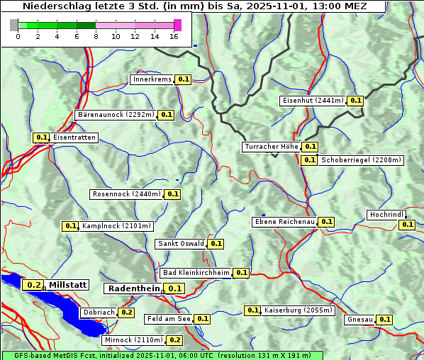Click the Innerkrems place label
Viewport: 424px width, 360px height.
(x=152, y=80)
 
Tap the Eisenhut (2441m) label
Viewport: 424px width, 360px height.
(x=313, y=101)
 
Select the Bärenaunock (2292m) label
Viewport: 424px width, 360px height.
(x=115, y=114)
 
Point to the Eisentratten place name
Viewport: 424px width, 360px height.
(x=74, y=137)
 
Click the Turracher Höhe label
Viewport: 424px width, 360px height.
(x=271, y=147)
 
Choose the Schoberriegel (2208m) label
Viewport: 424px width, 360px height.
(x=361, y=160)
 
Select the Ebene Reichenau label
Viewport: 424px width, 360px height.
(x=284, y=222)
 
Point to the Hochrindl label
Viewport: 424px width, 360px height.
(x=386, y=215)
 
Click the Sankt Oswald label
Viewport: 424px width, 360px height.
(x=181, y=244)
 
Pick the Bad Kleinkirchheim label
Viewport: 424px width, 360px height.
(x=196, y=273)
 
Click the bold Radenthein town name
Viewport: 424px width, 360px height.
(x=133, y=288)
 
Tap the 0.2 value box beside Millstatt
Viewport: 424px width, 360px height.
(x=33, y=285)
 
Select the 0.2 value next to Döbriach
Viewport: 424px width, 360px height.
(x=126, y=313)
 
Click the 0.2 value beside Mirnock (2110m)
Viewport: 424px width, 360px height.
(x=175, y=340)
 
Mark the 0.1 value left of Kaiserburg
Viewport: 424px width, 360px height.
(x=252, y=310)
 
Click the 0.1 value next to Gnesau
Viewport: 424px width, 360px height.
(x=384, y=320)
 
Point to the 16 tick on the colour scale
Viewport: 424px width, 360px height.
(x=174, y=37)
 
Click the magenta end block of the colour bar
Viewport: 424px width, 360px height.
(x=177, y=25)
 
